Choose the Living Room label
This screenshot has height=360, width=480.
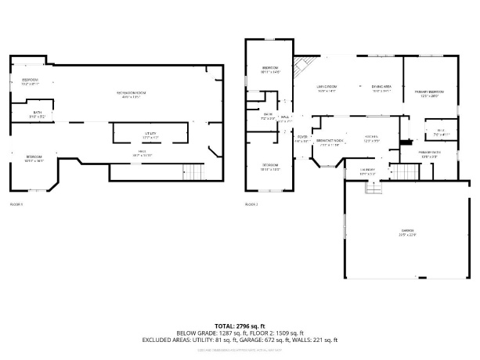[327, 88]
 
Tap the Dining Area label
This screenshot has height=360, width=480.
[381, 88]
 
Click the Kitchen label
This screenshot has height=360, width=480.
[371, 140]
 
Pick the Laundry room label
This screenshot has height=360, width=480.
[367, 171]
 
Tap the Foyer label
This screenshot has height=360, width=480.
[300, 139]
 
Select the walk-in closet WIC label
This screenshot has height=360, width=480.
[440, 132]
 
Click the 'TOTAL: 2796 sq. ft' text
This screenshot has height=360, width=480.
[240, 326]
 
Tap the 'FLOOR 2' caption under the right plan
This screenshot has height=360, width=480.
[251, 205]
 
